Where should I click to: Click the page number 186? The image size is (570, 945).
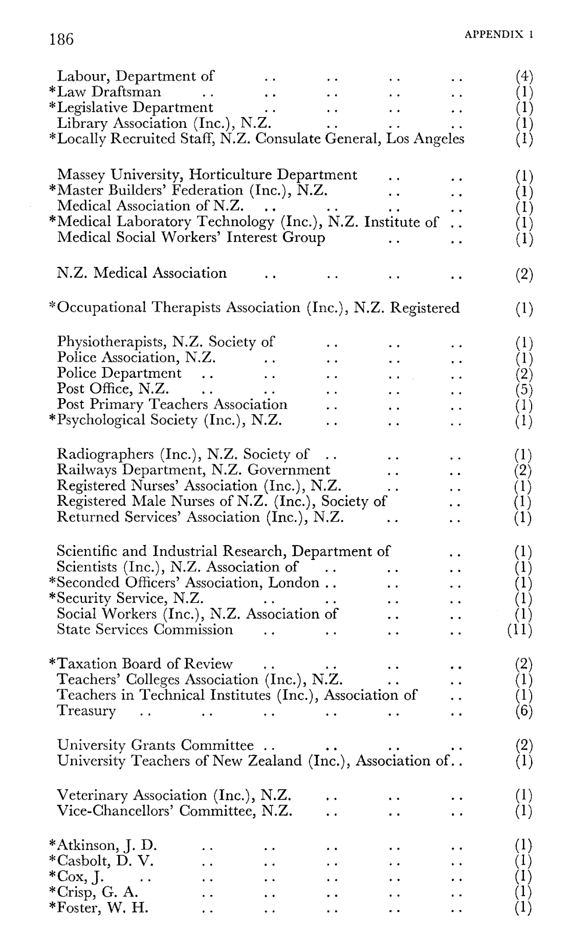coord(62,39)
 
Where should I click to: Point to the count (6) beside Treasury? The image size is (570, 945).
coord(524,711)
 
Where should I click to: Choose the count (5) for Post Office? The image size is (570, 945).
coord(524,390)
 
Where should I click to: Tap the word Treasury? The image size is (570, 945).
coord(86,711)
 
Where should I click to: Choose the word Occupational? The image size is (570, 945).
coord(104,308)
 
